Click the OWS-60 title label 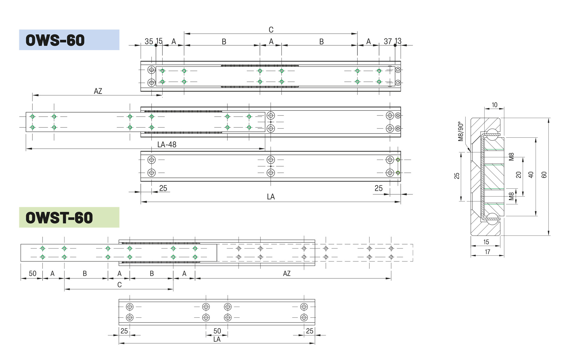pyautogui.click(x=55, y=40)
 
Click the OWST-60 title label pyautogui.click(x=59, y=218)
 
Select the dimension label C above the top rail pyautogui.click(x=271, y=30)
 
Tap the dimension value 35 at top pyautogui.click(x=149, y=41)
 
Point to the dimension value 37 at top pyautogui.click(x=388, y=41)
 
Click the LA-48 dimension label pyautogui.click(x=167, y=145)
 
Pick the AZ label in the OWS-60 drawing pyautogui.click(x=98, y=91)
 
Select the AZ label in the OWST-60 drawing pyautogui.click(x=287, y=274)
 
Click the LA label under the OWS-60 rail pyautogui.click(x=271, y=197)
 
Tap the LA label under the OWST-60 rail pyautogui.click(x=217, y=339)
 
